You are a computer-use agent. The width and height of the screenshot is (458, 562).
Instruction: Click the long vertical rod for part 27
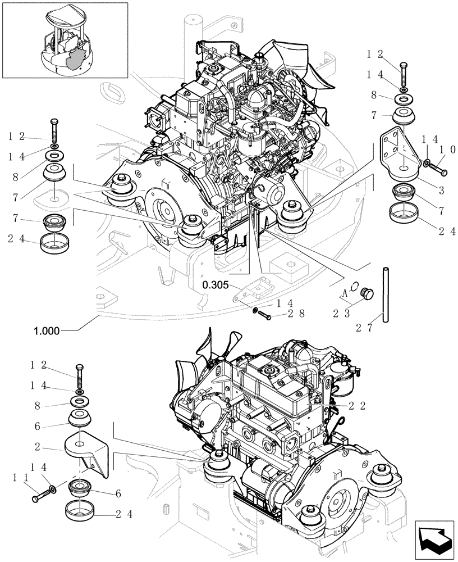tap(386, 295)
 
